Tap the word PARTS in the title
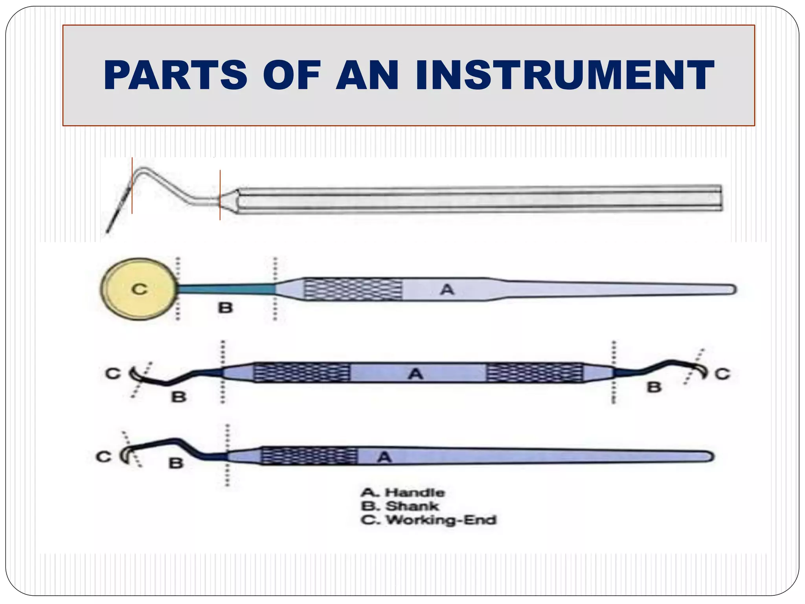tap(175, 75)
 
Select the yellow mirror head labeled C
tap(138, 289)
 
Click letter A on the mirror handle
tap(447, 290)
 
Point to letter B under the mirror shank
tap(225, 308)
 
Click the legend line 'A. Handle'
tap(402, 492)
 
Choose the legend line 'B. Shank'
tap(399, 506)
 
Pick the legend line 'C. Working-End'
tap(428, 520)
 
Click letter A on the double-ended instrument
tap(415, 373)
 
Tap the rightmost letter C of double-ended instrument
tap(722, 374)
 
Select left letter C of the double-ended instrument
tap(113, 373)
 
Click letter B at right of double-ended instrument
tap(654, 387)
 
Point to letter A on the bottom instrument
tap(384, 457)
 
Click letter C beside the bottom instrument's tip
tap(104, 457)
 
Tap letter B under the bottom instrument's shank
tap(176, 463)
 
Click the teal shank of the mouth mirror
tap(226, 289)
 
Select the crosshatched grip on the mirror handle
tap(353, 289)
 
